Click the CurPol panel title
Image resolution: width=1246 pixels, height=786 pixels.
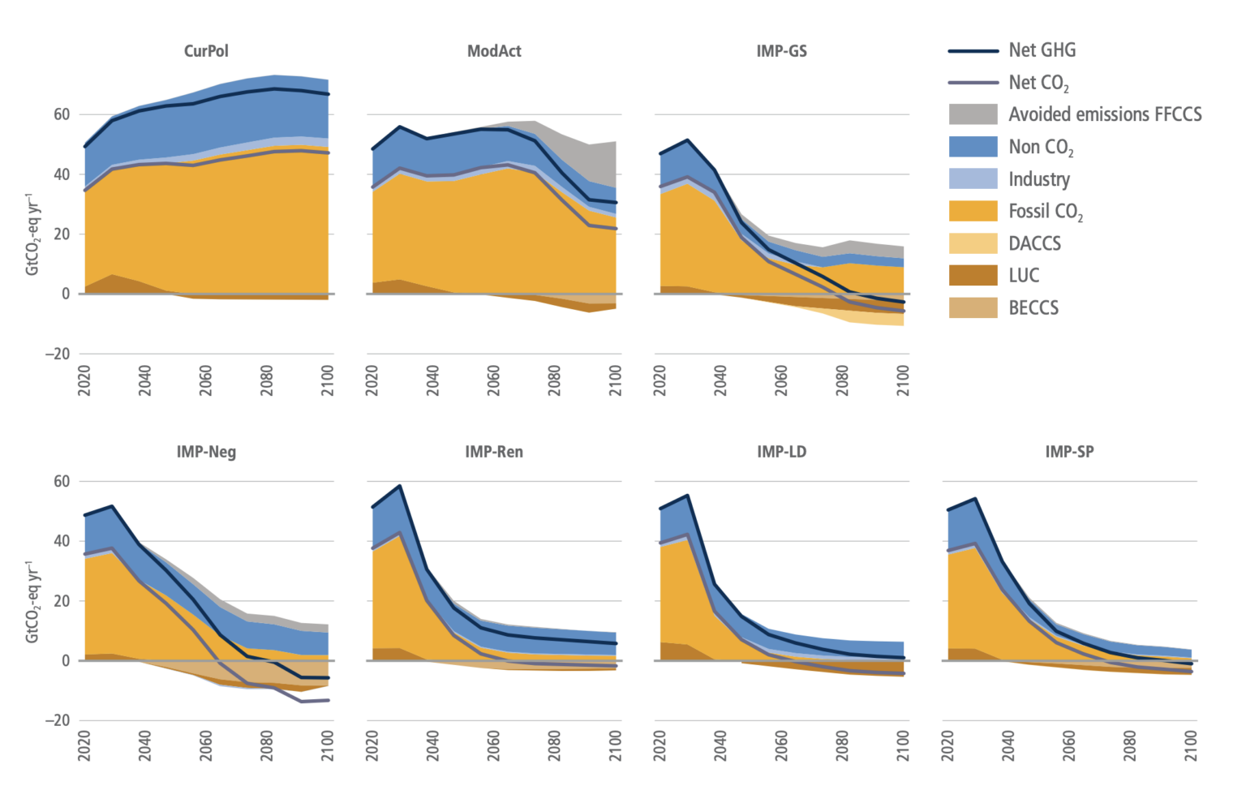click(206, 51)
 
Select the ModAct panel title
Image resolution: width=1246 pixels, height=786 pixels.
click(494, 51)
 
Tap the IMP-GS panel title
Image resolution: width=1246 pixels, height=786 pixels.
click(781, 51)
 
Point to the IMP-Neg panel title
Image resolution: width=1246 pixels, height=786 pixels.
click(206, 452)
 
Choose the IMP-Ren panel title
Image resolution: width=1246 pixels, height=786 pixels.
click(494, 452)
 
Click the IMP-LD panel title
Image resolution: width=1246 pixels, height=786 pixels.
click(781, 452)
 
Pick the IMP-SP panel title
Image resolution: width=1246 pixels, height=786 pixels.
click(1069, 452)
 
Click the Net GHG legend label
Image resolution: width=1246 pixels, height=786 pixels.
click(1042, 50)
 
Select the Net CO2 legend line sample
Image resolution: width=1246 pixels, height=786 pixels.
click(973, 83)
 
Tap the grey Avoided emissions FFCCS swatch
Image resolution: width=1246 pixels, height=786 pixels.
click(973, 114)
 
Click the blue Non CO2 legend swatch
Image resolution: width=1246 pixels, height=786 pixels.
click(973, 147)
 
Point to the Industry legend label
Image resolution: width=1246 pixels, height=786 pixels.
click(1038, 179)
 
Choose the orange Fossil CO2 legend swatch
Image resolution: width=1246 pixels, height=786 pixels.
click(973, 211)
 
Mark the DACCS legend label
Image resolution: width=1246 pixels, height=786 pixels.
click(1034, 243)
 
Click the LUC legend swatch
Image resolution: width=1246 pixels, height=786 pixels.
click(973, 276)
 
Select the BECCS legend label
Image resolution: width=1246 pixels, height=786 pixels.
click(1033, 308)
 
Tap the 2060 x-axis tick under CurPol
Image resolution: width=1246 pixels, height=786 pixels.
click(206, 380)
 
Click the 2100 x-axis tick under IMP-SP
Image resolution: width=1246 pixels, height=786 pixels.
click(1191, 745)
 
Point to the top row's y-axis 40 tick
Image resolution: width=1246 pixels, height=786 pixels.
click(62, 174)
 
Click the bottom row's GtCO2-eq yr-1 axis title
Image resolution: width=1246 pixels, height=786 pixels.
click(32, 601)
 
